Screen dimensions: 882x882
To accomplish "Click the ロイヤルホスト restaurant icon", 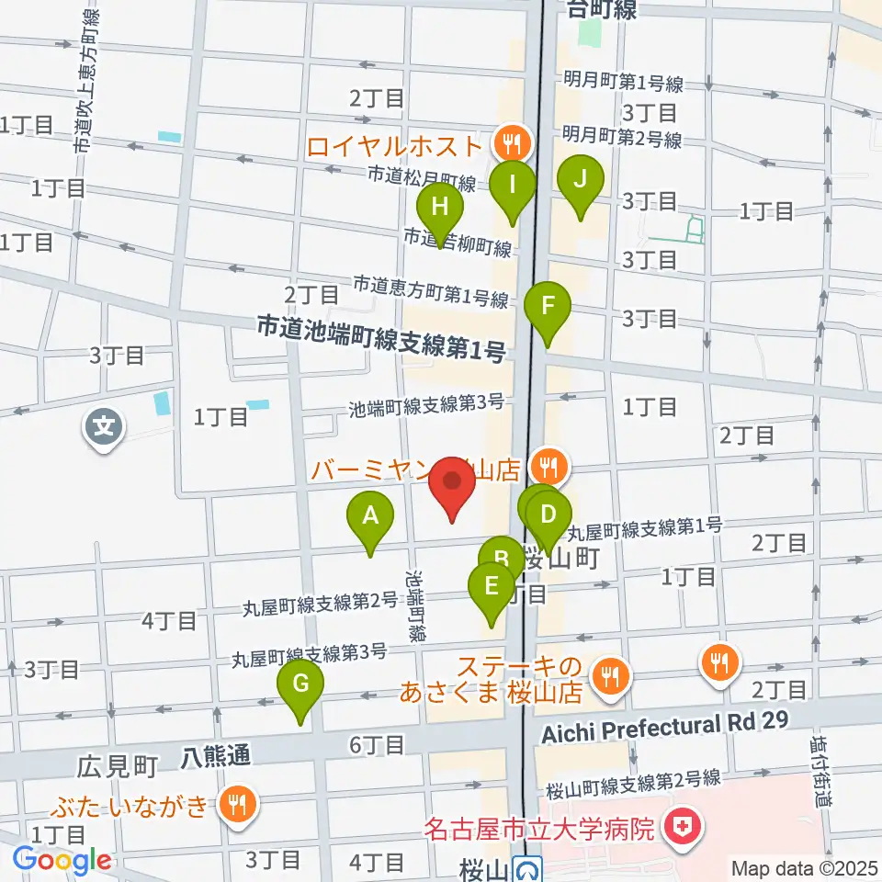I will (x=506, y=142).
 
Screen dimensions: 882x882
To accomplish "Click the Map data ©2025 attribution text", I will (x=802, y=867).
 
